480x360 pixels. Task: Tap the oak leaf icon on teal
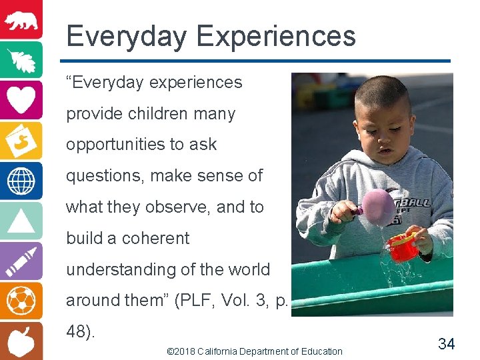[21, 60]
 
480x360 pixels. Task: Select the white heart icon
[21, 100]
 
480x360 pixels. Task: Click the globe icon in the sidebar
[21, 181]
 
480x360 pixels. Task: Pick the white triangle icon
[21, 221]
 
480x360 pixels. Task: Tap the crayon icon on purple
[21, 261]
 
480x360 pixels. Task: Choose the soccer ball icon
[21, 301]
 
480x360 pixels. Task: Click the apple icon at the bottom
[21, 340]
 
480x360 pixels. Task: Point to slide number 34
[446, 344]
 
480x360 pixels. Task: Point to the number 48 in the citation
[77, 332]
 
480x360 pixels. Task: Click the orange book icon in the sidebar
[21, 140]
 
